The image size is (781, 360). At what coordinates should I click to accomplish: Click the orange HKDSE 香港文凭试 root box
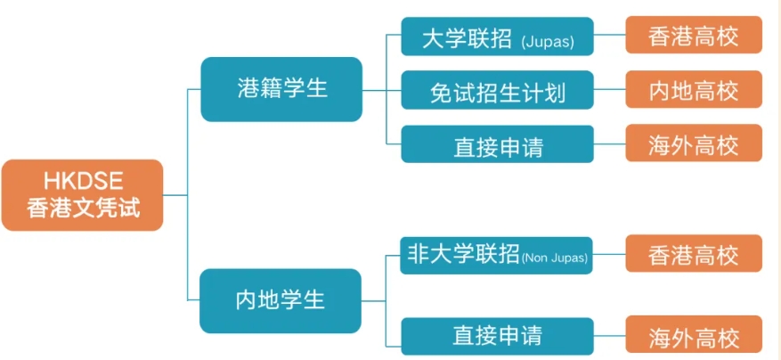tap(82, 195)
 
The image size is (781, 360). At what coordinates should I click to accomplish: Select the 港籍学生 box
tap(281, 89)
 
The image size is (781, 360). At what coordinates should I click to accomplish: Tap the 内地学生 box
tap(281, 300)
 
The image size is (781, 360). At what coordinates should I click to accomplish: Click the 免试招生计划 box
tap(497, 90)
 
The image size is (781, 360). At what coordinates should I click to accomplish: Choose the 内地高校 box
tap(694, 89)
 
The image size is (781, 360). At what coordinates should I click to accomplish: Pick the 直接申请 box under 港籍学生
tap(497, 144)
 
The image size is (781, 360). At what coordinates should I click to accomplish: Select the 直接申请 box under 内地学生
tap(497, 336)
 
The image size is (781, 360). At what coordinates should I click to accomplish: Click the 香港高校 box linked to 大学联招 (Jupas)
tap(694, 35)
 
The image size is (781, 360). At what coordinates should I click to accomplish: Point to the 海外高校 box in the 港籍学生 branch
tap(694, 143)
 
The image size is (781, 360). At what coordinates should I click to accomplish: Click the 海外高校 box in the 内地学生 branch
tap(694, 334)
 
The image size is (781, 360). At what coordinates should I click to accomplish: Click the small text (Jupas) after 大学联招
tap(548, 42)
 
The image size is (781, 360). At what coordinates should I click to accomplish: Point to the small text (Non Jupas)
tap(555, 258)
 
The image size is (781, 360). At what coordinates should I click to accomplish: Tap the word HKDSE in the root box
tap(83, 182)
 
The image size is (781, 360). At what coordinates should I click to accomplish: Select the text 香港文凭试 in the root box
tap(83, 208)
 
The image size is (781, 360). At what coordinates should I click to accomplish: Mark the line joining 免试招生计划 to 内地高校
tap(610, 90)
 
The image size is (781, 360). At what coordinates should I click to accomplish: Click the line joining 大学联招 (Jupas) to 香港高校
tap(610, 35)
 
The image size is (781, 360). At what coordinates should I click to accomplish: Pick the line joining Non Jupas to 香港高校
tap(609, 254)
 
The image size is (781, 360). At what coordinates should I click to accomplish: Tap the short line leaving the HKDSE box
tap(175, 195)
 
